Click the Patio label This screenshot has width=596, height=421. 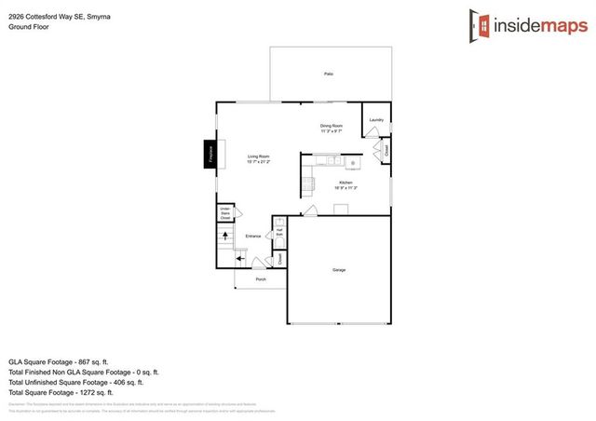point(329,74)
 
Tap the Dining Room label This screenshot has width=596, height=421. point(332,126)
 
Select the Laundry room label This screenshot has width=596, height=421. point(376,120)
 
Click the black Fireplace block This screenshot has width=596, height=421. point(210,153)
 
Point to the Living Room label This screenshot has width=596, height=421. point(258,156)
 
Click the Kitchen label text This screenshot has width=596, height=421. point(345,183)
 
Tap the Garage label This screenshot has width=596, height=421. point(339,270)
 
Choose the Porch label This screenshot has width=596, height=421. point(261,278)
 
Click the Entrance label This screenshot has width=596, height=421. point(253,236)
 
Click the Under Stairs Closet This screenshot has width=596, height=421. point(225,214)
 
